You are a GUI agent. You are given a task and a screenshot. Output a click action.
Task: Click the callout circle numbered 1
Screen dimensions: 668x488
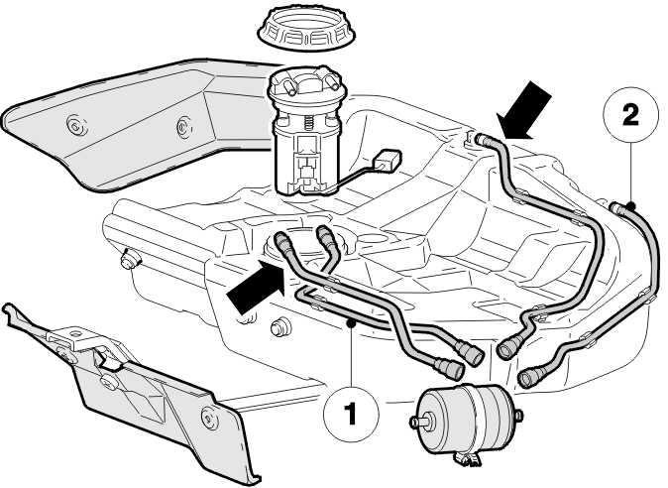(351, 414)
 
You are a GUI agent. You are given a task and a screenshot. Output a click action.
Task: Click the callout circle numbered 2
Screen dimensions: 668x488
(631, 115)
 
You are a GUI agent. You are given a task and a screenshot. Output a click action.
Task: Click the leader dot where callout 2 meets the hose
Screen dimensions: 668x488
(631, 206)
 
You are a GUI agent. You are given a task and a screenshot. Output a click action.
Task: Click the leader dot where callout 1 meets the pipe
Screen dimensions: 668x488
(351, 323)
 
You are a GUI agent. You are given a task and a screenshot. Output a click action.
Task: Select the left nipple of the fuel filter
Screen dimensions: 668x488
(416, 422)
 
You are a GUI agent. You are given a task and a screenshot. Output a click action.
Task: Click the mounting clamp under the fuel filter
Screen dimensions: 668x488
(467, 458)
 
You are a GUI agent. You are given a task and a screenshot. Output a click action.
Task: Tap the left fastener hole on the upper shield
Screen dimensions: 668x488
(77, 126)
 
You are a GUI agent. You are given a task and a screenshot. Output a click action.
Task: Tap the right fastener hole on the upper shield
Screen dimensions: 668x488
(184, 127)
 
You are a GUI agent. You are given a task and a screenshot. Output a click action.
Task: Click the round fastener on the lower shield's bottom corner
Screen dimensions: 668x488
(209, 418)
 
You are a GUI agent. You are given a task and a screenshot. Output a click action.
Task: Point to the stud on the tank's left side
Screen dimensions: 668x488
(128, 259)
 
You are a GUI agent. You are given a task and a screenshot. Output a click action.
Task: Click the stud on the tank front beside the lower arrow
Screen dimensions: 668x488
(279, 327)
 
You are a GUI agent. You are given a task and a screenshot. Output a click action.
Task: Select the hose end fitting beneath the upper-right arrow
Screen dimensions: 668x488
(482, 139)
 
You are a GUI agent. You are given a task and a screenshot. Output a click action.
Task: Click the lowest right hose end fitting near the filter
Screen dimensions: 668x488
(527, 378)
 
